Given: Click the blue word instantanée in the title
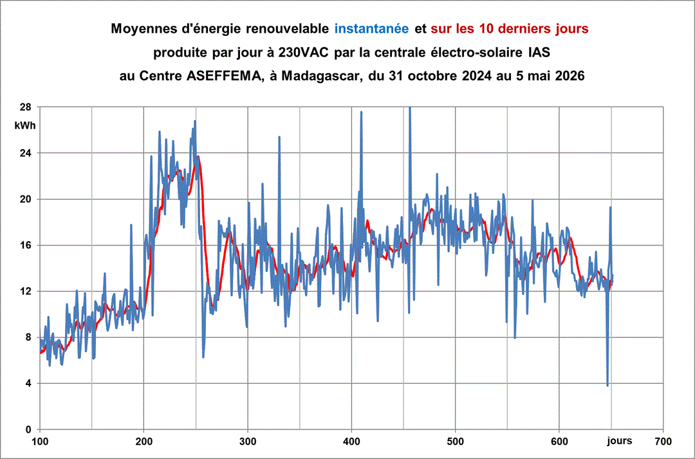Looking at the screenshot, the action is (x=371, y=29).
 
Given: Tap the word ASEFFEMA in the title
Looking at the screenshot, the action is (x=224, y=76).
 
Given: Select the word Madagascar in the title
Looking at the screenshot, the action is (x=320, y=76).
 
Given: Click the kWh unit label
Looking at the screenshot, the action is (x=25, y=126).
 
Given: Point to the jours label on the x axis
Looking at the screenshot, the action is (x=620, y=441).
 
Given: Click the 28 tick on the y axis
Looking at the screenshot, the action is (x=25, y=107).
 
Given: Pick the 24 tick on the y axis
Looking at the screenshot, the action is (x=25, y=153).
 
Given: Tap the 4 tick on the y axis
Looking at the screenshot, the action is (x=28, y=383).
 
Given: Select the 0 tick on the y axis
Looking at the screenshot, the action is (x=28, y=429).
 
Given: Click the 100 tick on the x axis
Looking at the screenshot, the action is (x=40, y=441).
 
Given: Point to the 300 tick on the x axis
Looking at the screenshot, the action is (x=248, y=441).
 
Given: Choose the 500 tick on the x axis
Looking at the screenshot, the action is (x=455, y=441).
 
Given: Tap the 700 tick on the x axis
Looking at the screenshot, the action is (x=663, y=441).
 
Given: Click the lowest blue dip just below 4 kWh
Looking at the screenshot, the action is (x=607, y=385).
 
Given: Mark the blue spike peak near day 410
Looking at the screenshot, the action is (x=361, y=112).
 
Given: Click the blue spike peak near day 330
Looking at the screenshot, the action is (x=279, y=137).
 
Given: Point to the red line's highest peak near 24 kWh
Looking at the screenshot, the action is (x=198, y=156).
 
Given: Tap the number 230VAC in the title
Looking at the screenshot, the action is (x=303, y=52).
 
